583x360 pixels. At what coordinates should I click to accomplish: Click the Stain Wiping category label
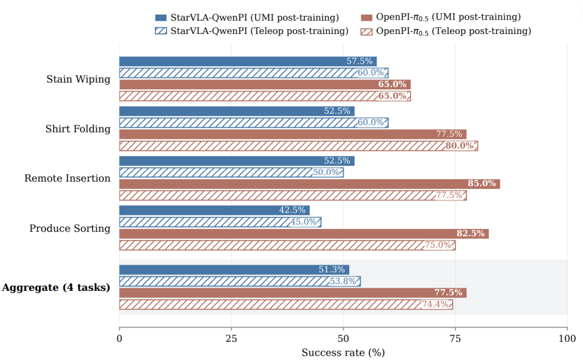(78, 79)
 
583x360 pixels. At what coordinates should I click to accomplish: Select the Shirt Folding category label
(78, 129)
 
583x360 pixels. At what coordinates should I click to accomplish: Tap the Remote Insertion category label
(67, 178)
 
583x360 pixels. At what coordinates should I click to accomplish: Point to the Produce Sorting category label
(70, 228)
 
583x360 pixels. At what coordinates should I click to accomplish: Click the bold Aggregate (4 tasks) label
(56, 288)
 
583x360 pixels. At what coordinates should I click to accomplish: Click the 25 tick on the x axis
(231, 339)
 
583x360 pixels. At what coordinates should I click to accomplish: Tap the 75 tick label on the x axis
(455, 339)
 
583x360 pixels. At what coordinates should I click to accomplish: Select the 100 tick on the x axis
(567, 339)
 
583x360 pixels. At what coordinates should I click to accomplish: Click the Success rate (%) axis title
(343, 352)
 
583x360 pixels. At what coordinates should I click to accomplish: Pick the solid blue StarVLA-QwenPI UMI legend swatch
(161, 18)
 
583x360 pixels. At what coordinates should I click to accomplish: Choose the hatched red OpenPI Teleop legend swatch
(367, 32)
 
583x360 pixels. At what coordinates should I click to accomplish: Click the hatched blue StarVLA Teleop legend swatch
(161, 31)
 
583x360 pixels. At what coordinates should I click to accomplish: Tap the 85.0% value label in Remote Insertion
(482, 183)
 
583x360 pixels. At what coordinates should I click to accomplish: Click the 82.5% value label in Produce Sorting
(470, 234)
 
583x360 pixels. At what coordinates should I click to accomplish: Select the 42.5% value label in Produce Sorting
(292, 210)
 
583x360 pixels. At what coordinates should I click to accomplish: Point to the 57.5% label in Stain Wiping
(360, 61)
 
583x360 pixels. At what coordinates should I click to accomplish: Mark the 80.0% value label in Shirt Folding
(460, 146)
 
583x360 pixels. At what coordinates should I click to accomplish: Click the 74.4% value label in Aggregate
(435, 305)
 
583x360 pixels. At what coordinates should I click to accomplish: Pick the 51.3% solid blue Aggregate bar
(234, 270)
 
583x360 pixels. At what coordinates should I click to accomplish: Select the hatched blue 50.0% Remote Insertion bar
(231, 172)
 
